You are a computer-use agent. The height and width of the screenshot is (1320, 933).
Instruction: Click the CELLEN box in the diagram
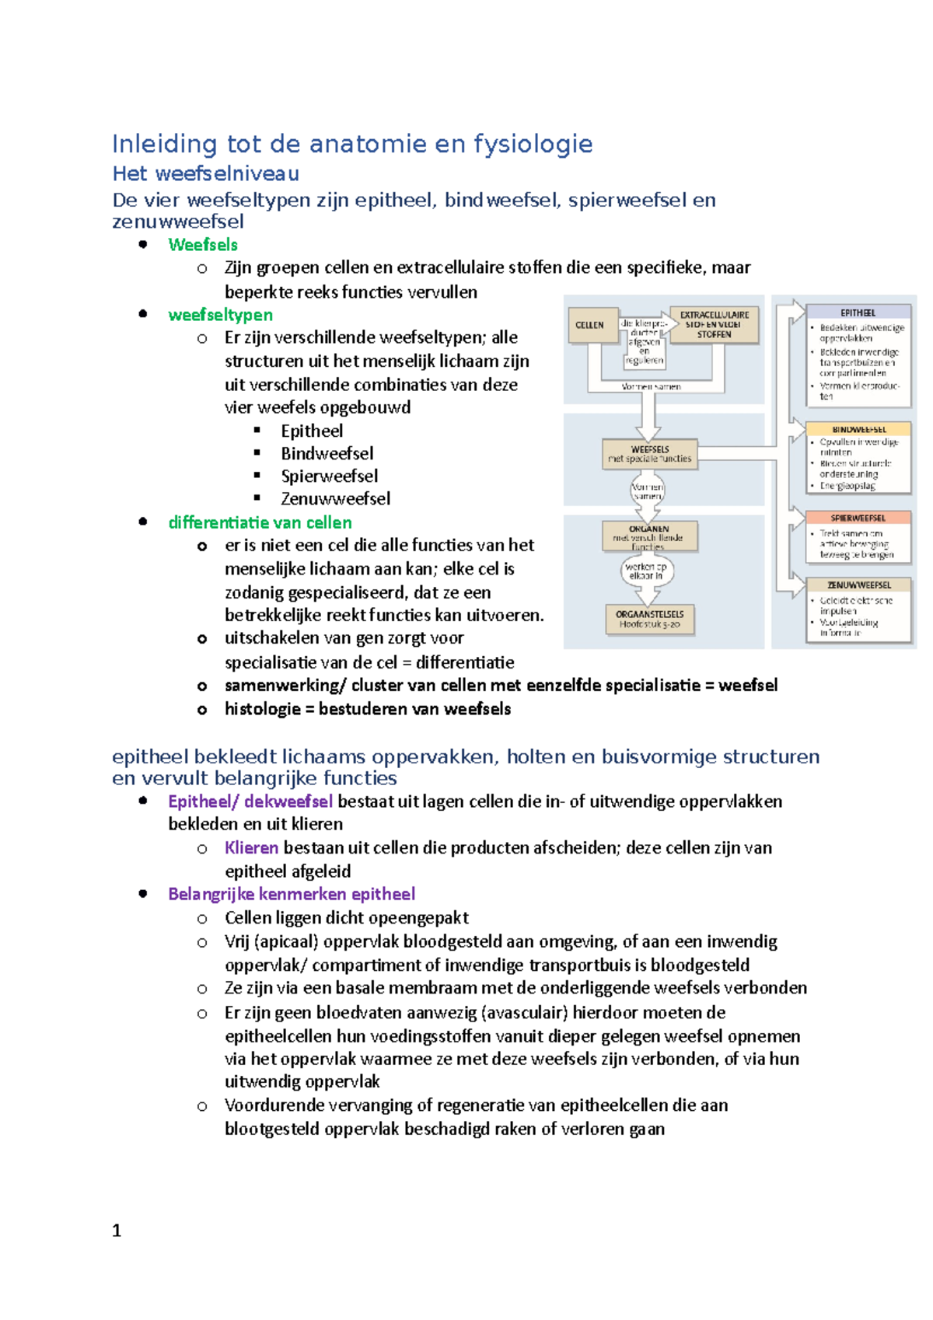pos(589,325)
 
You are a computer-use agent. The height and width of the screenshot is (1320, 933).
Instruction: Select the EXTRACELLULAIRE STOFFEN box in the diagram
pos(714,325)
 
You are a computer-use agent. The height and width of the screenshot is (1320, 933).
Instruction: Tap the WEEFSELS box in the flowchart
pos(650,454)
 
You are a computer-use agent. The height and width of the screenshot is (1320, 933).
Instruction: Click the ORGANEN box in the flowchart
pos(649,536)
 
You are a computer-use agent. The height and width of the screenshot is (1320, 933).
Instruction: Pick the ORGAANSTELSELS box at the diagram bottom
pos(649,619)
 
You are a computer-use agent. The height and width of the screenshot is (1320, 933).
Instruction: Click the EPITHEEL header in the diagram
pos(858,313)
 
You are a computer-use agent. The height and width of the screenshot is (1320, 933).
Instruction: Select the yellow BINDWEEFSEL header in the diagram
pos(858,429)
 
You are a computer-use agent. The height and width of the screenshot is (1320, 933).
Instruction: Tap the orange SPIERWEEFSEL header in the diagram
pos(858,518)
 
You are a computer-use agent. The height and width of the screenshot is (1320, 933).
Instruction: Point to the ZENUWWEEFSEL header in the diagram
pos(858,585)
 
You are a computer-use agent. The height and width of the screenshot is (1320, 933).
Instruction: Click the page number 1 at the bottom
pos(117,1231)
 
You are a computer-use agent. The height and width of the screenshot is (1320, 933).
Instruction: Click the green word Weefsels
pos(203,245)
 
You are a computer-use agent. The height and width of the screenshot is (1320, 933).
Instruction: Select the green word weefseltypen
pos(220,315)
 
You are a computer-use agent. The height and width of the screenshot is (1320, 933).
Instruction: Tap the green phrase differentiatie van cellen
pos(260,522)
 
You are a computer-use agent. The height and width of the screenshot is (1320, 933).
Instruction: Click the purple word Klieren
pos(251,847)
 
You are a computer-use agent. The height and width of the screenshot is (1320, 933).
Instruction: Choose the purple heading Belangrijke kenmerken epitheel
pos(292,894)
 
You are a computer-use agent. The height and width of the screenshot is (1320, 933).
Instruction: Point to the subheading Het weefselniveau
pos(205,173)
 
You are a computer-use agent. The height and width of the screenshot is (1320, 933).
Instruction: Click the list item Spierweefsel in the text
pos(329,476)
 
